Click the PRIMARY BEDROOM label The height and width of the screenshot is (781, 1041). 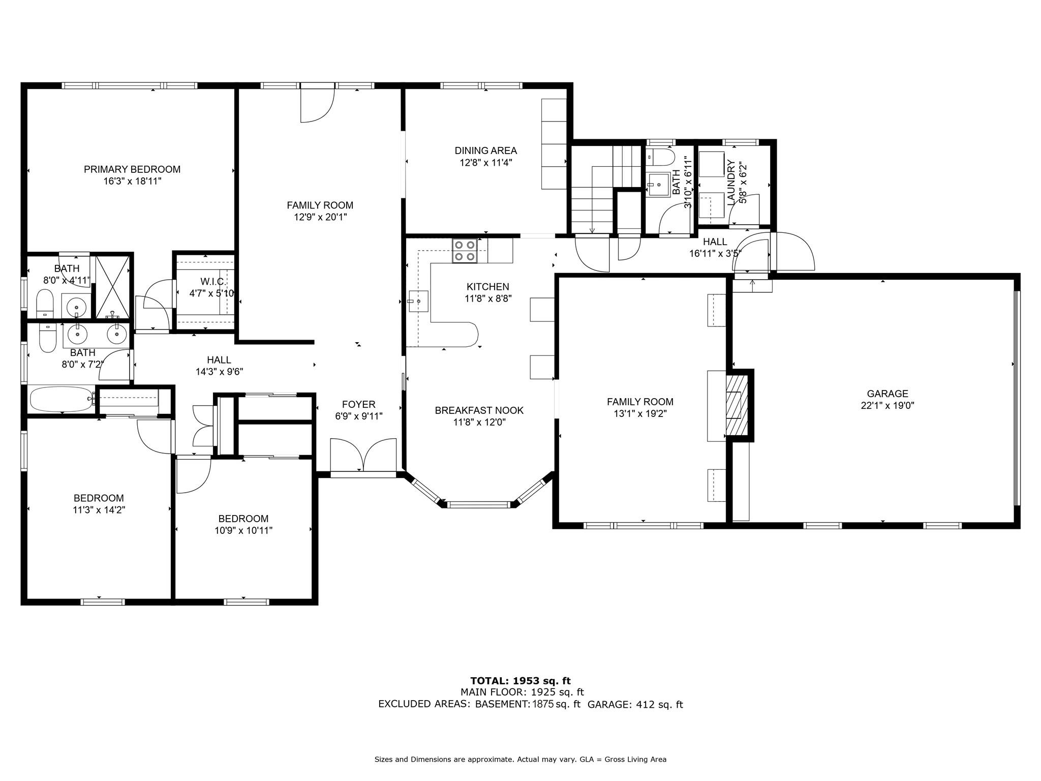pos(132,169)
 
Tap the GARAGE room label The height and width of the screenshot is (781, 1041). pos(887,394)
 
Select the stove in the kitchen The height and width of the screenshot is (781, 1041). pos(465,251)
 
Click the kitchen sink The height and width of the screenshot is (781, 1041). pos(418,301)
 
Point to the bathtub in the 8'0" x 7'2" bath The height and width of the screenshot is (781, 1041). pos(62,399)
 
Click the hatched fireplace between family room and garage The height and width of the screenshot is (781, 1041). pos(737,405)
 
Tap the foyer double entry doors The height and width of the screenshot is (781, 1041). pos(363,456)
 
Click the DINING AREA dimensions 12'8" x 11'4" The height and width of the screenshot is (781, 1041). pos(486,163)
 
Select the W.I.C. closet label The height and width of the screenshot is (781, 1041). pos(212,282)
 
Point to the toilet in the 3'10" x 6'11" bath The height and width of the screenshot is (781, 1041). pos(660,158)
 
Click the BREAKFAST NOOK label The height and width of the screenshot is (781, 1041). pos(479,410)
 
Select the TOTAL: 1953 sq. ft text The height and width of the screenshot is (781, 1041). pos(520,681)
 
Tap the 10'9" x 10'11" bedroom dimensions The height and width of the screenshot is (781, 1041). pos(243,530)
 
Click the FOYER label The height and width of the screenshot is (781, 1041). pos(358,404)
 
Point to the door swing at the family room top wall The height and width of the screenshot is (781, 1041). pos(318,105)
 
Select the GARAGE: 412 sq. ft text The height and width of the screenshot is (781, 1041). pos(635,704)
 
